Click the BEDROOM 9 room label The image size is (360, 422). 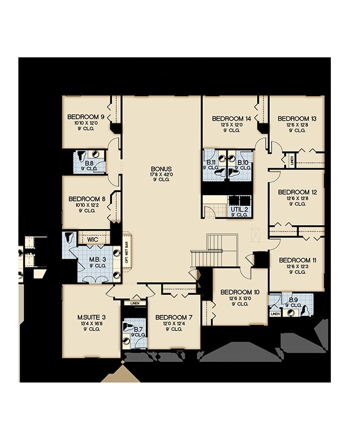pos(85,117)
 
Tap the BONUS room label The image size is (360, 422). pos(161,168)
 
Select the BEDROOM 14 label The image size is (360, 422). pos(231,118)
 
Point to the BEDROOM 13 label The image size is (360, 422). pos(297,118)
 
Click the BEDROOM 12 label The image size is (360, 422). pos(297,192)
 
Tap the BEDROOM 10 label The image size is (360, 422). pos(240,292)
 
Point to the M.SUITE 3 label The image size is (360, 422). pos(90,316)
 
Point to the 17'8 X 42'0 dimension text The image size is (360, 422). pos(161,174)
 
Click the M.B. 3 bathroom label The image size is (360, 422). pos(97,259)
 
